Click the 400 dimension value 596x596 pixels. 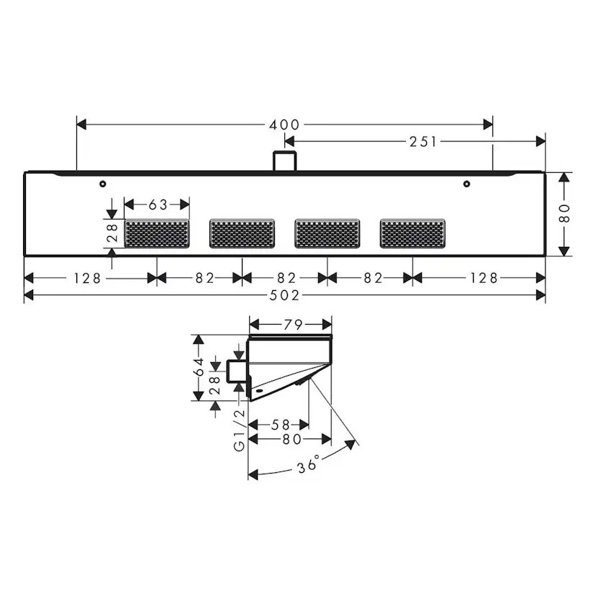pyautogui.click(x=284, y=125)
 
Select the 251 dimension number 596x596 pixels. pyautogui.click(x=423, y=142)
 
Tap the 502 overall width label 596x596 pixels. pyautogui.click(x=284, y=295)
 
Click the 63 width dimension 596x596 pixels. pyautogui.click(x=158, y=205)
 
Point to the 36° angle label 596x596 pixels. pyautogui.click(x=308, y=465)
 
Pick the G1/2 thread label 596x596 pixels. pyautogui.click(x=240, y=430)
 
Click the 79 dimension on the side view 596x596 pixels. pyautogui.click(x=293, y=325)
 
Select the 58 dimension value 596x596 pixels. pyautogui.click(x=281, y=425)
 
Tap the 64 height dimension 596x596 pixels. pyautogui.click(x=199, y=367)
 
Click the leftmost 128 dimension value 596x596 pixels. pyautogui.click(x=87, y=279)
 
